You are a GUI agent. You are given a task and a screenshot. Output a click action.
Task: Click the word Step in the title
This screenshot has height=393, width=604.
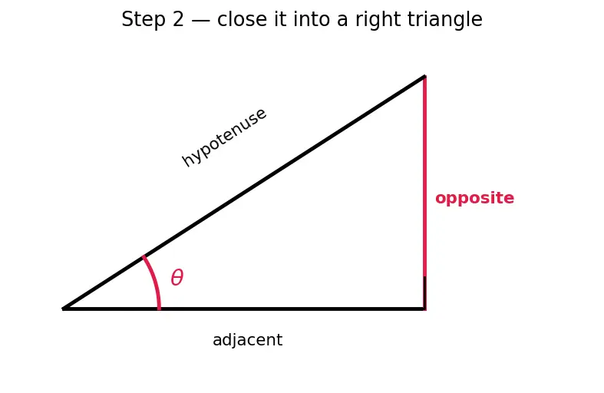pos(144,20)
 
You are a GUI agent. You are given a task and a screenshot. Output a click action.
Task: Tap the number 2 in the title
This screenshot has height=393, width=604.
pos(178,19)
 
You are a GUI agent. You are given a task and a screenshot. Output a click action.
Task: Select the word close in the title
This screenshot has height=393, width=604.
pos(242,19)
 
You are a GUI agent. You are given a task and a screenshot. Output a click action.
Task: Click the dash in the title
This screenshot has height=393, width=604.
pos(200,20)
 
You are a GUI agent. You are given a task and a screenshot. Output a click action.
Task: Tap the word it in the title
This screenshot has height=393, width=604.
pos(280,19)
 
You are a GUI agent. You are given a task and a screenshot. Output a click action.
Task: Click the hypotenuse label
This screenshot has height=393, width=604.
pos(224,137)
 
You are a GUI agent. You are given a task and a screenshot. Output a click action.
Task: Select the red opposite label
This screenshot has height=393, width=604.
pos(474,199)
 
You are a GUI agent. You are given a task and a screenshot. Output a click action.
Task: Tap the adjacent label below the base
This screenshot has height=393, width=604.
pos(247,340)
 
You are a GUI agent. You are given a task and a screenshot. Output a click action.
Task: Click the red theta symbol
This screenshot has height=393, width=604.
pos(177,277)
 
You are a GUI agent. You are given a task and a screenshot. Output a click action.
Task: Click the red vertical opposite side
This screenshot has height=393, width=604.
pos(424,193)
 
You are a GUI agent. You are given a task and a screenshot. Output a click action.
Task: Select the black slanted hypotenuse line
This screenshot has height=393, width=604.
pos(244,192)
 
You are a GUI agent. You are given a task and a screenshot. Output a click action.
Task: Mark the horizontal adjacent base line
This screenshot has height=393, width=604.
pos(243,309)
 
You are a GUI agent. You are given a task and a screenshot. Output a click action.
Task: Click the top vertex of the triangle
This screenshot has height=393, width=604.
pos(424,76)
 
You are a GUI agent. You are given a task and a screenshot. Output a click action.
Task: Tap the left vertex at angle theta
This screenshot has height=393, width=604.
pos(63,309)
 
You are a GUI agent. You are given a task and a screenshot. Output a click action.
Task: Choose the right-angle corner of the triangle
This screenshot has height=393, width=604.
pos(424,309)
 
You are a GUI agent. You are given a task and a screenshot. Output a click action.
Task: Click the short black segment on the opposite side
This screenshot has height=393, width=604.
pos(424,292)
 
